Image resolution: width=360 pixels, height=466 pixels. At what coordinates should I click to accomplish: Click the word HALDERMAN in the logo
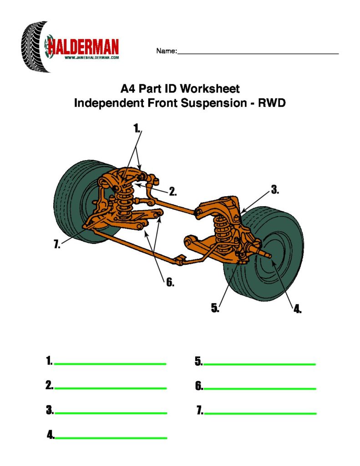click(x=83, y=46)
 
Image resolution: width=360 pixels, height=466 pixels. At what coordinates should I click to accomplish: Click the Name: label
click(x=166, y=51)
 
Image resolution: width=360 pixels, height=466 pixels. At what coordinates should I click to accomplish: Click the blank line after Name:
click(x=258, y=54)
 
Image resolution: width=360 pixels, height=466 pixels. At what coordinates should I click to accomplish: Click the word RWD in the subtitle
click(x=272, y=103)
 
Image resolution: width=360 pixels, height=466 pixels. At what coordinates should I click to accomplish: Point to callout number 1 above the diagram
click(x=137, y=128)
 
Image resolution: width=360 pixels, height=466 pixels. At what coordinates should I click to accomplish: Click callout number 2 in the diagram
click(x=172, y=192)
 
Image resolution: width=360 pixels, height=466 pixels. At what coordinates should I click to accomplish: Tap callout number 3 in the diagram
click(x=274, y=190)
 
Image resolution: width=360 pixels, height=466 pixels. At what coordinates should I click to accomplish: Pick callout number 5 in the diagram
click(x=215, y=308)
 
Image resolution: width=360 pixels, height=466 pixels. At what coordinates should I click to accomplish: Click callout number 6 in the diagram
click(x=170, y=283)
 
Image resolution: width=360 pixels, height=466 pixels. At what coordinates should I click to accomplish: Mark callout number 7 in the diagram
click(x=57, y=245)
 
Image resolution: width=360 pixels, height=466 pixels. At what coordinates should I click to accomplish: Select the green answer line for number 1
click(x=110, y=364)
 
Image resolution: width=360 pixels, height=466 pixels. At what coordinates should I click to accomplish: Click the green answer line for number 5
click(x=259, y=364)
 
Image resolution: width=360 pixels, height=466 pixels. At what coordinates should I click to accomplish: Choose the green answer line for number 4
click(x=111, y=438)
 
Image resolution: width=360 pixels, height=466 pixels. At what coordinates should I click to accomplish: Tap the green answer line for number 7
click(x=260, y=413)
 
